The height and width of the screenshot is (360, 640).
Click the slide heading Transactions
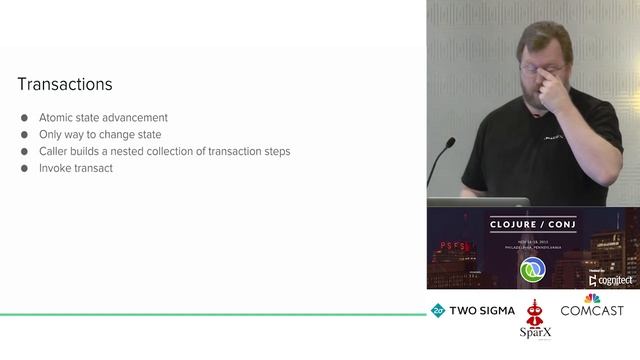click(x=65, y=85)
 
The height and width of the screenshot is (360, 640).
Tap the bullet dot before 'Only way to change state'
click(x=25, y=135)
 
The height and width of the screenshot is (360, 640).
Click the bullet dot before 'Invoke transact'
click(x=25, y=169)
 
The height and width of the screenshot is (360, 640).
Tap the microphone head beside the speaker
click(x=450, y=143)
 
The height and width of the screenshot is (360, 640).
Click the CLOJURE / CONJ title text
click(x=532, y=224)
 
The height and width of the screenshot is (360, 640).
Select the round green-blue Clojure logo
click(x=532, y=270)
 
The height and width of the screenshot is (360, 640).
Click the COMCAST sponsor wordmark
click(x=592, y=311)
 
